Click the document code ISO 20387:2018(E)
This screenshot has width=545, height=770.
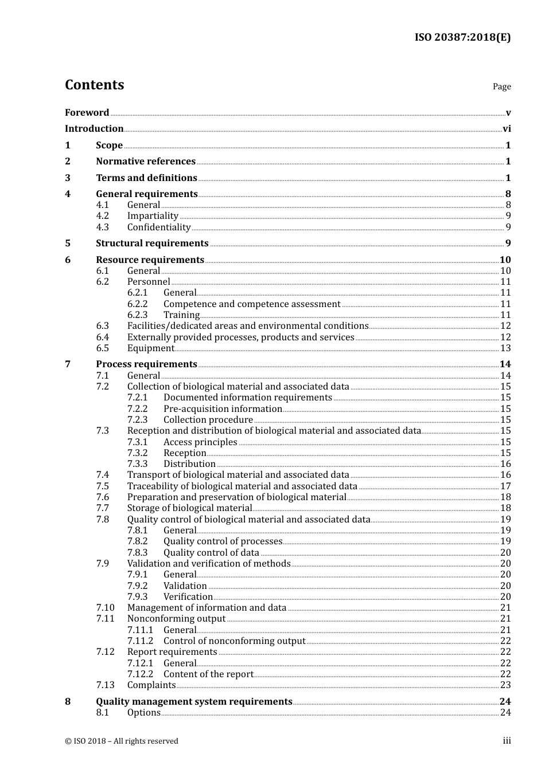pos(462,37)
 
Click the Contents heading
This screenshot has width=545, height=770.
pos(94,85)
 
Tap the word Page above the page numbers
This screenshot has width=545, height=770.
pos(501,87)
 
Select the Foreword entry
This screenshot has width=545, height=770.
pos(87,113)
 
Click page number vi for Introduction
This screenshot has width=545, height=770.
pos(507,129)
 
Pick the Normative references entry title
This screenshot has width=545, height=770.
pos(146,162)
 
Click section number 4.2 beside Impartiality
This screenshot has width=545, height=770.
pos(102,216)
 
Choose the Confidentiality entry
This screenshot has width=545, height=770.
pos(159,227)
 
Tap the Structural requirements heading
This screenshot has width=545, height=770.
pos(152,243)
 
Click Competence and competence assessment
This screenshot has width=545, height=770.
pos(252,304)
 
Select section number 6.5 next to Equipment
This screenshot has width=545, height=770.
pos(102,348)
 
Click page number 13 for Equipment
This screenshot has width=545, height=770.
pos(505,348)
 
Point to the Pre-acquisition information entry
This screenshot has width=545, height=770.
pos(223,409)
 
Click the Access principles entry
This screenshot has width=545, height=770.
pos(200,442)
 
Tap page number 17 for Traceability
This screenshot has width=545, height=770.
pos(505,486)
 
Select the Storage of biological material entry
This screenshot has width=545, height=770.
pos(189,508)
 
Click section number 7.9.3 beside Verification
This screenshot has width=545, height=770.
pos(137,597)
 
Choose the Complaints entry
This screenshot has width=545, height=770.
pos(151,685)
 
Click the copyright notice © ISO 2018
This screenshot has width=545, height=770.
pos(122,741)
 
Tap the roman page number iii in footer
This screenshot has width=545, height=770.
pos(507,741)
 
